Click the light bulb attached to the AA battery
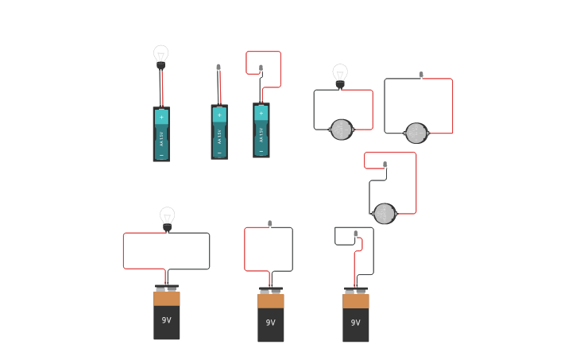pyautogui.click(x=160, y=56)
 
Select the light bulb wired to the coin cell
pyautogui.click(x=340, y=74)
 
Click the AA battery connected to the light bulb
pyautogui.click(x=161, y=134)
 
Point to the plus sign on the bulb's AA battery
pyautogui.click(x=161, y=118)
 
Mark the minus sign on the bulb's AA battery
pyautogui.click(x=161, y=155)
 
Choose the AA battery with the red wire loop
pyautogui.click(x=261, y=130)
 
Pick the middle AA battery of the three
pyautogui.click(x=219, y=132)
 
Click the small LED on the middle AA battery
pyautogui.click(x=218, y=68)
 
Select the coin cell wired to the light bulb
pyautogui.click(x=342, y=130)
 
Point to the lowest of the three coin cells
pyautogui.click(x=385, y=214)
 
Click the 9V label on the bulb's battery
pyautogui.click(x=167, y=320)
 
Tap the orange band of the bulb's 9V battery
pyautogui.click(x=167, y=299)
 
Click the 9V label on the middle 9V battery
pyautogui.click(x=271, y=323)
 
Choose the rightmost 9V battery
pyautogui.click(x=356, y=315)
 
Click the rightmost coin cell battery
pyautogui.click(x=416, y=133)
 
